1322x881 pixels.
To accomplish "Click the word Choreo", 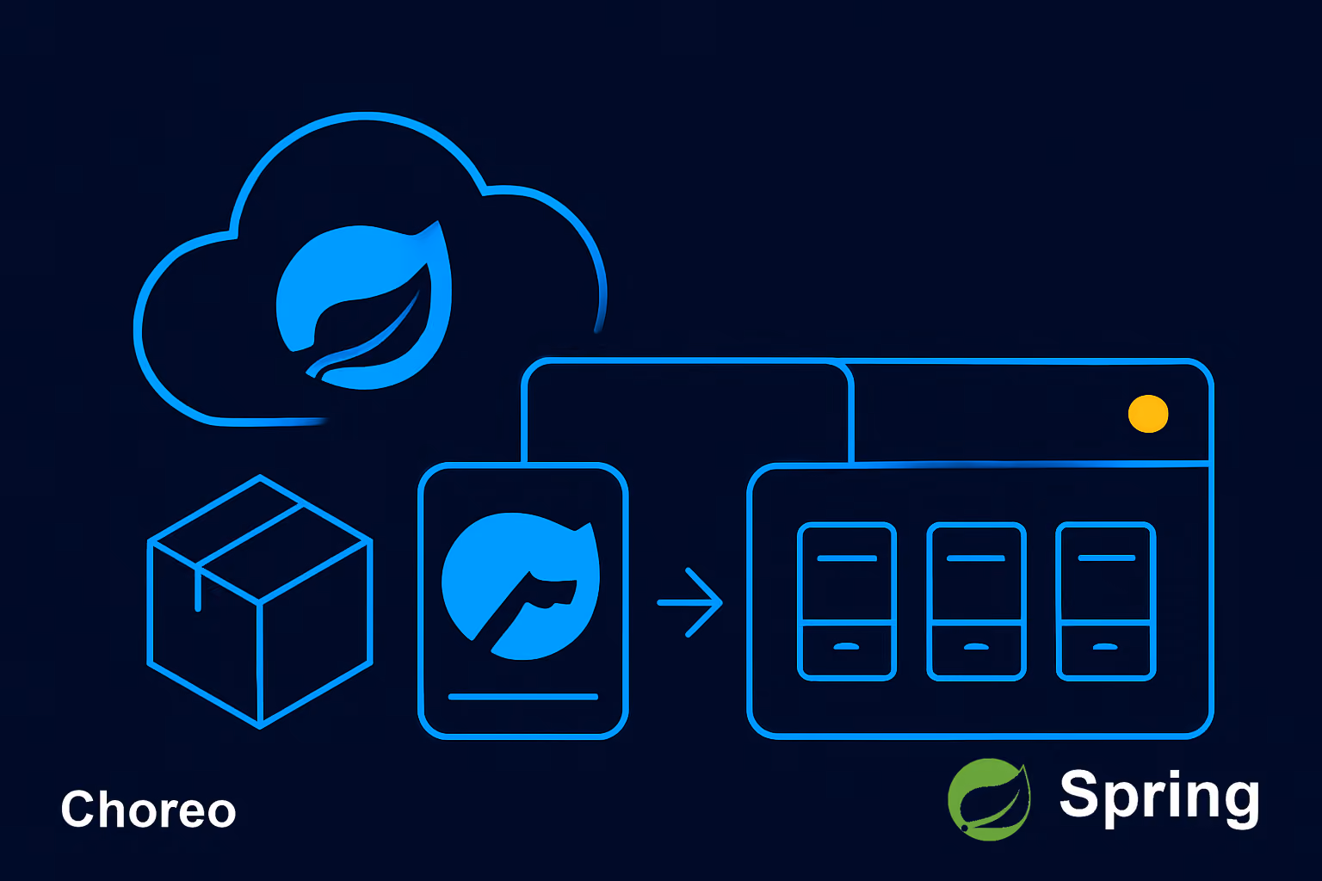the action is [x=148, y=809].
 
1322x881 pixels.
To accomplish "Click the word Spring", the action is [x=1159, y=797].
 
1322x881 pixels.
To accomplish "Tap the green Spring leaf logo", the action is [x=990, y=799].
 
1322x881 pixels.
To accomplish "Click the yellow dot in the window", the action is [x=1148, y=414].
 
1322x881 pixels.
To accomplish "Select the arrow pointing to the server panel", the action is [x=690, y=602].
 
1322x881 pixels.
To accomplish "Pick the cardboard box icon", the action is [x=260, y=601].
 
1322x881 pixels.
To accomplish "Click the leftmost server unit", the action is [x=847, y=601].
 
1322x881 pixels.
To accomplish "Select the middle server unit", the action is [x=976, y=601].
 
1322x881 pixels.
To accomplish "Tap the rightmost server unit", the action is [x=1106, y=601].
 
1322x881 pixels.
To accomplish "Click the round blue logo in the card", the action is [x=521, y=586].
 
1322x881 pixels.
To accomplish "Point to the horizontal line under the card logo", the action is [x=523, y=697].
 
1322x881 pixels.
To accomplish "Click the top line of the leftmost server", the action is [x=847, y=558].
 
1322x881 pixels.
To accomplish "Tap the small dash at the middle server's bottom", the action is [x=976, y=647].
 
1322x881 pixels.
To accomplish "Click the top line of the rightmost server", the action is [x=1107, y=558].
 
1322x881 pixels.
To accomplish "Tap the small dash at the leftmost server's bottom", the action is [x=846, y=647].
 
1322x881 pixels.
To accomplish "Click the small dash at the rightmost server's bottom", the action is [x=1105, y=647].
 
